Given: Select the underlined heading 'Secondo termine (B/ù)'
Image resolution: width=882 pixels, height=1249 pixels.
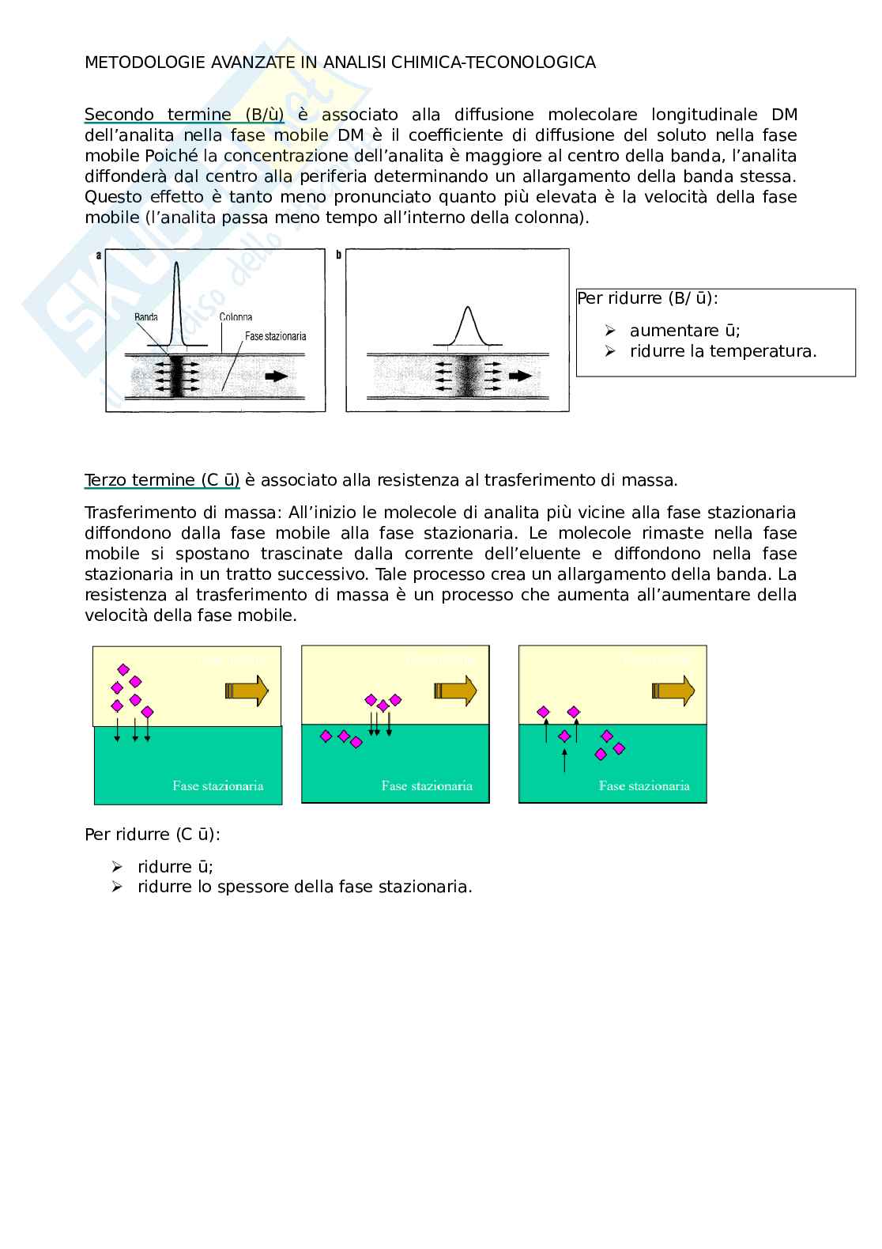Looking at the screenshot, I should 183,115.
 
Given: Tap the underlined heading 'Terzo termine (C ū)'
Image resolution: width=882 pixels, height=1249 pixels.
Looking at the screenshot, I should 162,479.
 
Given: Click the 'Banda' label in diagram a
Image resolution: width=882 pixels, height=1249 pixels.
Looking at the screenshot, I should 146,317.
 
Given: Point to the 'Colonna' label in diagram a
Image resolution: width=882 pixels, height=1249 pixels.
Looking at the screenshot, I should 236,317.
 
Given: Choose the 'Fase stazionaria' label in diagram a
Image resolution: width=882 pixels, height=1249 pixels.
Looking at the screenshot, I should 275,336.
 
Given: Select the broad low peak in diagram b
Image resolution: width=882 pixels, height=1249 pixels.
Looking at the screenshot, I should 467,326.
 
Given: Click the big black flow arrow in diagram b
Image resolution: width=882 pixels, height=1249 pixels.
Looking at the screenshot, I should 520,377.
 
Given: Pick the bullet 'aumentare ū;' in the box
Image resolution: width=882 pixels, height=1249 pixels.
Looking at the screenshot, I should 684,331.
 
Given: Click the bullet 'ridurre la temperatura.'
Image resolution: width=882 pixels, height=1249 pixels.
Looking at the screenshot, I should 722,351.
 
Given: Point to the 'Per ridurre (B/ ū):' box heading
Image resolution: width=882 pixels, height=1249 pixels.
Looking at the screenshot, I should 647,298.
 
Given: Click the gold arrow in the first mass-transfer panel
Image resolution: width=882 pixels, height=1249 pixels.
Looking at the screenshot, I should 247,691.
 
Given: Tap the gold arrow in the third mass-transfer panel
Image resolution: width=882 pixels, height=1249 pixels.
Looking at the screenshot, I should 673,691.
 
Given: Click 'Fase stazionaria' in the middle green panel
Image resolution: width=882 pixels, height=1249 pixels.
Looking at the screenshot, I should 427,785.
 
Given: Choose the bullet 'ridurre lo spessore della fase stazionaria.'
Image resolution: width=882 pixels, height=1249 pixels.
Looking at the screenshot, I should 304,887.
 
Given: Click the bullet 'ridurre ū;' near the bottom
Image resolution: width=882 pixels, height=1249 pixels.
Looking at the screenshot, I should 175,866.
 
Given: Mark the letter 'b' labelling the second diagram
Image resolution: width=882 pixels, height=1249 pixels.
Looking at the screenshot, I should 339,255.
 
